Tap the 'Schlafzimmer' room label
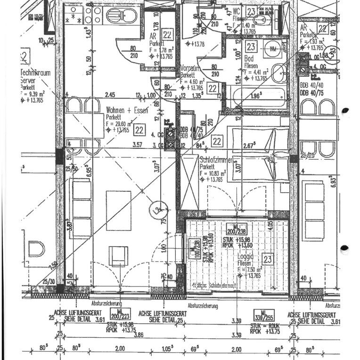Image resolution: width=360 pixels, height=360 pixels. (216, 160)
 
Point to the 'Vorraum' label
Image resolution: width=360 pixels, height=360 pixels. (190, 68)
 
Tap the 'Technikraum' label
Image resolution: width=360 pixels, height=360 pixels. (36, 73)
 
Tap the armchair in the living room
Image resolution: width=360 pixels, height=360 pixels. (119, 256)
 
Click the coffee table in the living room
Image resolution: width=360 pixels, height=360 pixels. (118, 210)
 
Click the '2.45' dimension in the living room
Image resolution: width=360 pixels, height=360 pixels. (110, 95)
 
